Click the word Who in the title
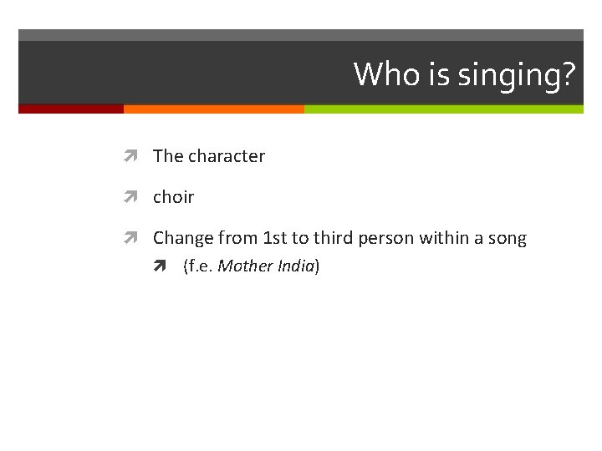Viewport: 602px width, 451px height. click(x=380, y=74)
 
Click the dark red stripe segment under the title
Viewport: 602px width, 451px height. click(x=71, y=109)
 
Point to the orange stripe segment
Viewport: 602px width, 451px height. click(x=213, y=109)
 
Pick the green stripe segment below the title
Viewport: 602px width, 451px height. click(x=443, y=109)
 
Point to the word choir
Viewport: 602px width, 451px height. click(x=173, y=197)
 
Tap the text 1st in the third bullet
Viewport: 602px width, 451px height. click(x=274, y=238)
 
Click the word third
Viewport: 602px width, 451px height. click(x=333, y=238)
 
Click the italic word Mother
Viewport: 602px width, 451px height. click(x=242, y=266)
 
